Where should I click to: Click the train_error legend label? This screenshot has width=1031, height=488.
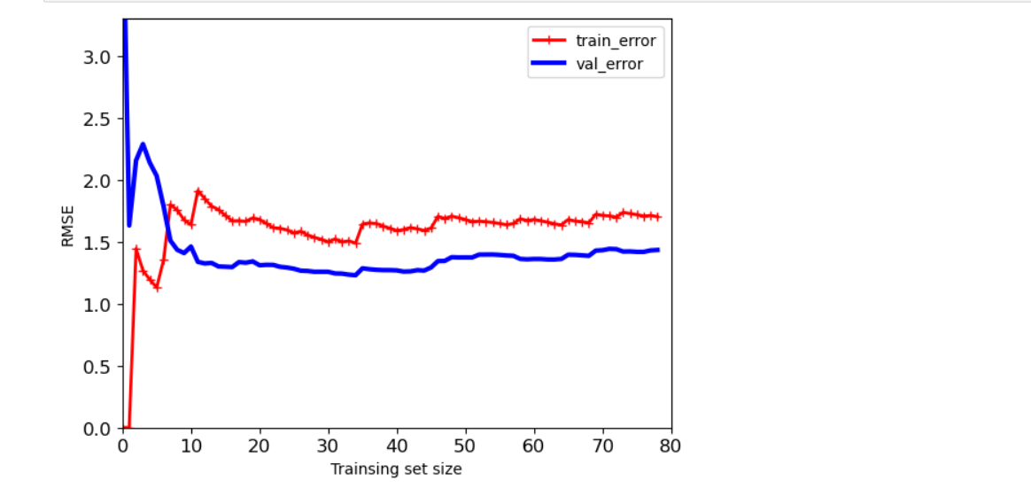616,40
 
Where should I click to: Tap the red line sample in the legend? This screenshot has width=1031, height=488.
549,40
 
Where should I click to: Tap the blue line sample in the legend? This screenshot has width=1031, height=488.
549,64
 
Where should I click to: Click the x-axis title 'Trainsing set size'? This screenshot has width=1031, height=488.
396,469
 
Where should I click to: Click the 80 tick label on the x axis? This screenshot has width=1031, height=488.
671,445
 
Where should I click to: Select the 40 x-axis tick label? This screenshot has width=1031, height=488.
397,445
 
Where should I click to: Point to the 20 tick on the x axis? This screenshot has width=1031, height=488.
260,445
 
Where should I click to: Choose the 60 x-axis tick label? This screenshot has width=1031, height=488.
534,445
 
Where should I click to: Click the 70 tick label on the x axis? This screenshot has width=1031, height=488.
602,445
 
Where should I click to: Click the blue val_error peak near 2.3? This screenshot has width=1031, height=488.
143,144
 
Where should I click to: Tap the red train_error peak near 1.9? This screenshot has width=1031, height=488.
198,191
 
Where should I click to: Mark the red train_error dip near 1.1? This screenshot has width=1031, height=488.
157,288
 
